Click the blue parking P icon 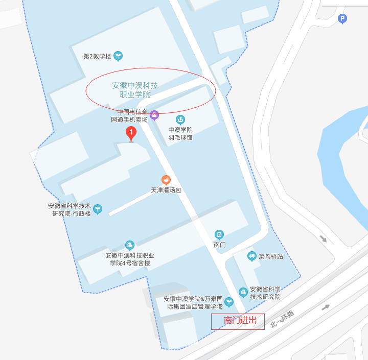342,19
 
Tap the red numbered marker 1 131,134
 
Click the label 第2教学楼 97,56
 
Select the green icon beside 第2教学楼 118,55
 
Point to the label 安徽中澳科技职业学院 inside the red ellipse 135,90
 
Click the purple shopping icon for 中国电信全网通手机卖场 154,115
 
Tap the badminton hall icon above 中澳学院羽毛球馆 180,120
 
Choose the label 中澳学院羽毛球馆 180,134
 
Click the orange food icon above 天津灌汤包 166,180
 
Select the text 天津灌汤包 166,190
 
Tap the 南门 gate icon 219,234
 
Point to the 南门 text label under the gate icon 219,245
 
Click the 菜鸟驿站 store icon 251,256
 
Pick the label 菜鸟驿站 270,256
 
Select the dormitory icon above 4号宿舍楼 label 130,245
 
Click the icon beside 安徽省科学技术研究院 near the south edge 243,292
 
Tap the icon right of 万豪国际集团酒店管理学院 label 229,302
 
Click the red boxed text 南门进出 238,321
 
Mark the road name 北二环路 283,319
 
